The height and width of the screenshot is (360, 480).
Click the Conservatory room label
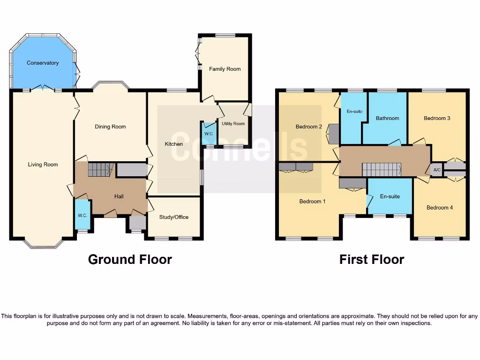click(x=43, y=63)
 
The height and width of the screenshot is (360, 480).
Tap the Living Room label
click(x=43, y=165)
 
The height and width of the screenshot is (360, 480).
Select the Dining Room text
click(x=110, y=127)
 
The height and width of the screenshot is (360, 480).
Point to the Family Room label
click(x=225, y=69)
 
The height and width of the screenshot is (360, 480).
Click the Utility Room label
click(x=233, y=124)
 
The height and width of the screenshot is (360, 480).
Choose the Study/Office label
click(x=173, y=217)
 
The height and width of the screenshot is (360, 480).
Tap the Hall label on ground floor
click(x=119, y=196)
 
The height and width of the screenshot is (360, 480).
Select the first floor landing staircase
click(x=382, y=170)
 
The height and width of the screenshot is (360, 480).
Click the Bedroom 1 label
click(x=312, y=202)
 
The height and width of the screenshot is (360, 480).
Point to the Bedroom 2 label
click(x=308, y=127)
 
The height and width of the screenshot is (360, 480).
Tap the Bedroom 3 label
click(x=437, y=118)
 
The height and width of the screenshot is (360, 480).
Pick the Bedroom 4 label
click(x=440, y=207)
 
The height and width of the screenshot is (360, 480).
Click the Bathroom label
click(x=387, y=118)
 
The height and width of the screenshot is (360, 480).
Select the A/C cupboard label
click(x=437, y=170)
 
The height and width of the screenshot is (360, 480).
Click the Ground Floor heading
click(x=130, y=259)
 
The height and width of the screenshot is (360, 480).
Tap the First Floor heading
click(x=371, y=259)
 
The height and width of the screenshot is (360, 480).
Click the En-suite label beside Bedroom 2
click(x=354, y=112)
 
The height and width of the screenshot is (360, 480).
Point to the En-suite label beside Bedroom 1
click(x=390, y=196)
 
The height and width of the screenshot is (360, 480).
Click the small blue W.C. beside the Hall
click(x=82, y=215)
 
